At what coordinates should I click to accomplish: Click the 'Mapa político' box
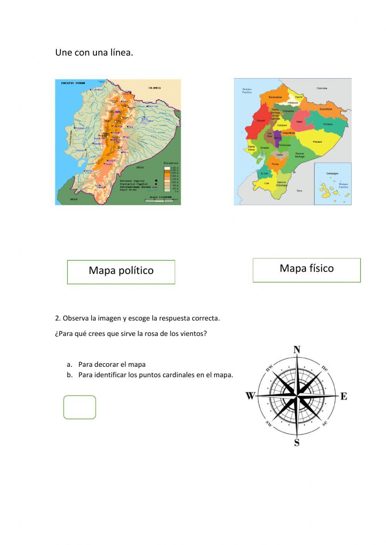tap(121, 272)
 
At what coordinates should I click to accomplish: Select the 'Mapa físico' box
tap(306, 270)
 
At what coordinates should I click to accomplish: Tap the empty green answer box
tap(80, 407)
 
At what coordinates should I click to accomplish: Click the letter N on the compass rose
tap(297, 350)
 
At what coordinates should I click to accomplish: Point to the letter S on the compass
tap(297, 442)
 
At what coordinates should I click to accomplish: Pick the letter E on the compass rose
tap(344, 396)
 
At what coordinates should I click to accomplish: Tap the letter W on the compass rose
tap(251, 396)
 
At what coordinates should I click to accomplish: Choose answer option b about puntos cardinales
tap(156, 375)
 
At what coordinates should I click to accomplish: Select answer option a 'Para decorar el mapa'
tap(112, 364)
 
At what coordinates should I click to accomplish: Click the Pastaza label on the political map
tap(317, 142)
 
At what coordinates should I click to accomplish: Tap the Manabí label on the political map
tap(261, 121)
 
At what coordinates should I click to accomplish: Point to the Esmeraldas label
tap(275, 97)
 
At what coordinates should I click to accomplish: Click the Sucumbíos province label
tap(325, 109)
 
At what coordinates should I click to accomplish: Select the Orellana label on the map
tap(328, 124)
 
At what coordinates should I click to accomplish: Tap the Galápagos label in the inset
tap(332, 174)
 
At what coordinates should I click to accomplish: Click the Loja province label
tap(267, 183)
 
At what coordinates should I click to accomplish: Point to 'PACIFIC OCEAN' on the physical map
tap(73, 83)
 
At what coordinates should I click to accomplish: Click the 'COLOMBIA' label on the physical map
tap(154, 88)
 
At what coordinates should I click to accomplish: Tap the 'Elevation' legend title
tap(171, 163)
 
